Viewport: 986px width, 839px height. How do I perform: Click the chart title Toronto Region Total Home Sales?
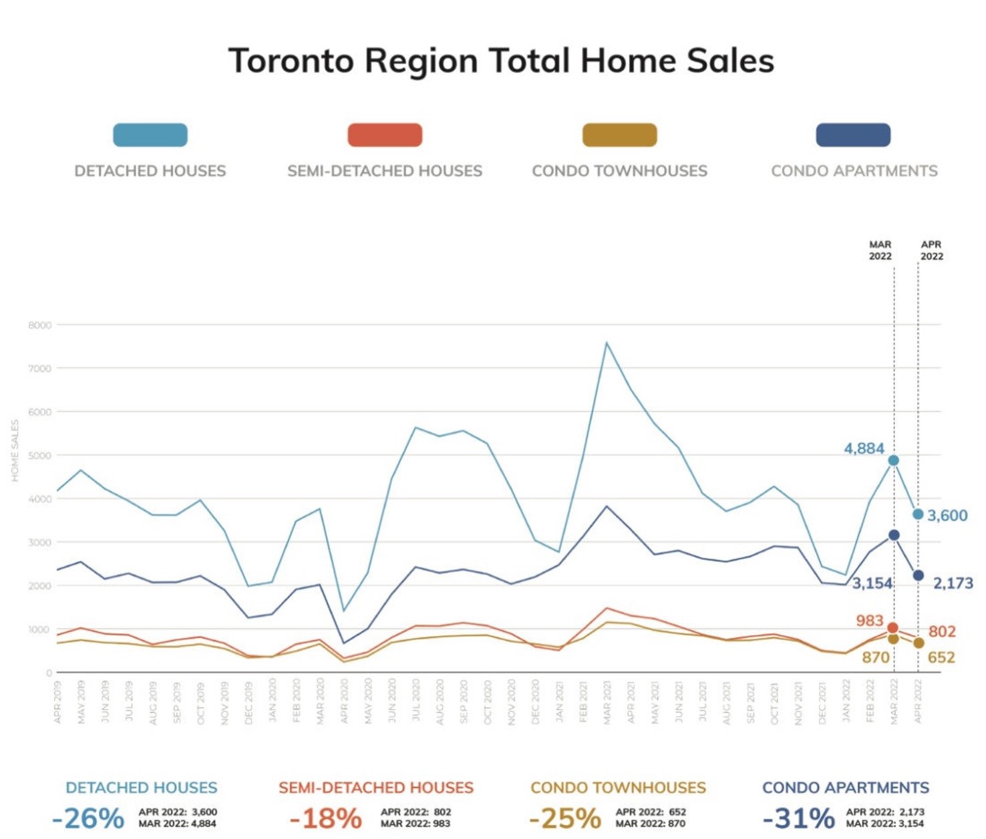tap(501, 61)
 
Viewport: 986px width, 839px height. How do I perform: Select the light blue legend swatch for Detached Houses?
tap(150, 135)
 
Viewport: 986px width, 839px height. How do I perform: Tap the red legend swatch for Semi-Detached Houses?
tap(385, 135)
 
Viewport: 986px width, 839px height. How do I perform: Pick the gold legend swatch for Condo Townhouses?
tap(619, 135)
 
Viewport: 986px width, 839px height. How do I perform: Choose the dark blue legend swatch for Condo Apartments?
tap(853, 135)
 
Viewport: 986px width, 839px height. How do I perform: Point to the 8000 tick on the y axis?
tap(40, 325)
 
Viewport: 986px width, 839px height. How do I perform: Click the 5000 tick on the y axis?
tap(40, 456)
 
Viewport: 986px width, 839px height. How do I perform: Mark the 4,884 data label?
tap(864, 448)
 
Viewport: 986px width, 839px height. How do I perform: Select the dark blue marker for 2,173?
tap(919, 575)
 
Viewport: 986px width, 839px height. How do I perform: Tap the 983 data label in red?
tap(869, 621)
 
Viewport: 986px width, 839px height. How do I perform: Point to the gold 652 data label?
tap(941, 658)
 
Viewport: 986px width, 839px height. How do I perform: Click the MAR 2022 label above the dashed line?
tap(880, 250)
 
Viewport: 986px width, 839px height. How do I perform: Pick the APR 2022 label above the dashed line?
tap(931, 250)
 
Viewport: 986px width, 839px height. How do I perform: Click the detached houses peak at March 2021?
tap(607, 343)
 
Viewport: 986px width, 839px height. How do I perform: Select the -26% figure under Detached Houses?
tap(88, 818)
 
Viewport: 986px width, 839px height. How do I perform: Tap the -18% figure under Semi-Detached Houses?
tap(325, 818)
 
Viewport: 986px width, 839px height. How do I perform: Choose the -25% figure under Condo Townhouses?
tap(564, 818)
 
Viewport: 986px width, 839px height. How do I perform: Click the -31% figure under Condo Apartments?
tap(798, 818)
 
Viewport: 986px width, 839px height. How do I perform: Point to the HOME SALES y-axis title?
tap(15, 450)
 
